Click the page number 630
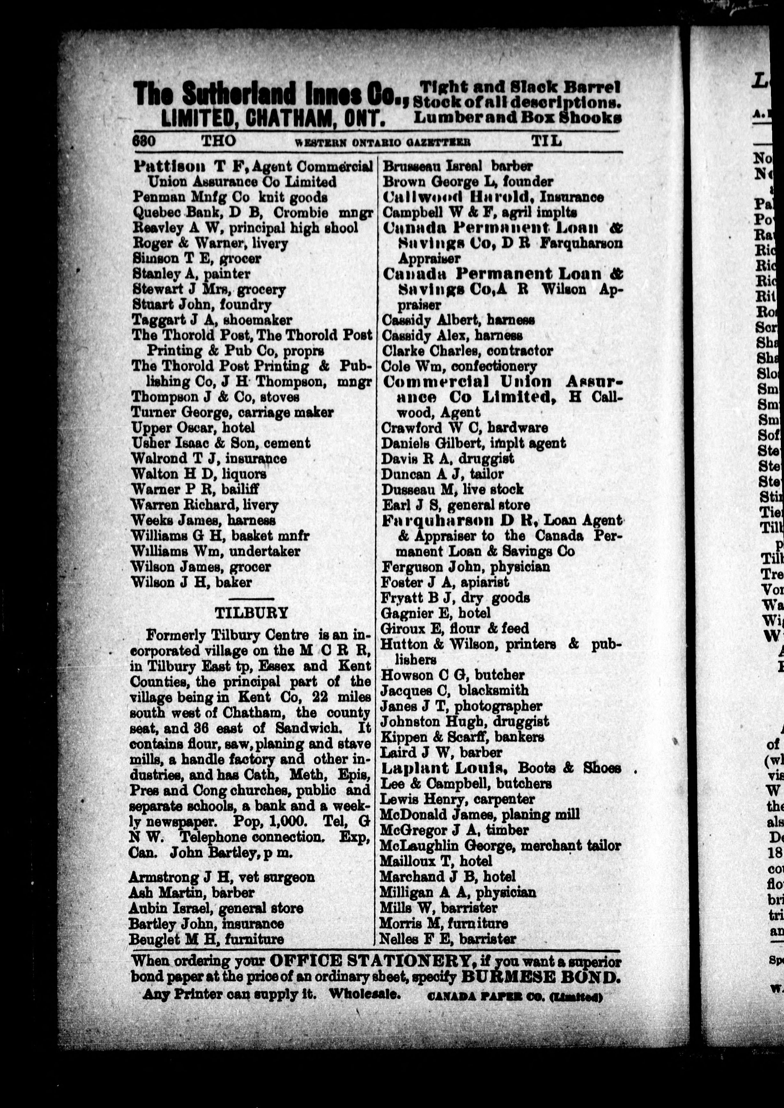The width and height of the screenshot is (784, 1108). click(x=144, y=141)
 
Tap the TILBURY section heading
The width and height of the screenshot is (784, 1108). click(x=251, y=613)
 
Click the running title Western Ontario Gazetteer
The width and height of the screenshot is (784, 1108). click(x=382, y=142)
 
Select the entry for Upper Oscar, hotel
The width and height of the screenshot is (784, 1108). click(x=193, y=428)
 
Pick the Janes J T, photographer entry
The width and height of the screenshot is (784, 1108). click(x=461, y=706)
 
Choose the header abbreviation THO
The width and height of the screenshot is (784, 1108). click(x=218, y=141)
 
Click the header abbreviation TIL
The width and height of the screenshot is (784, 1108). click(x=546, y=141)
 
